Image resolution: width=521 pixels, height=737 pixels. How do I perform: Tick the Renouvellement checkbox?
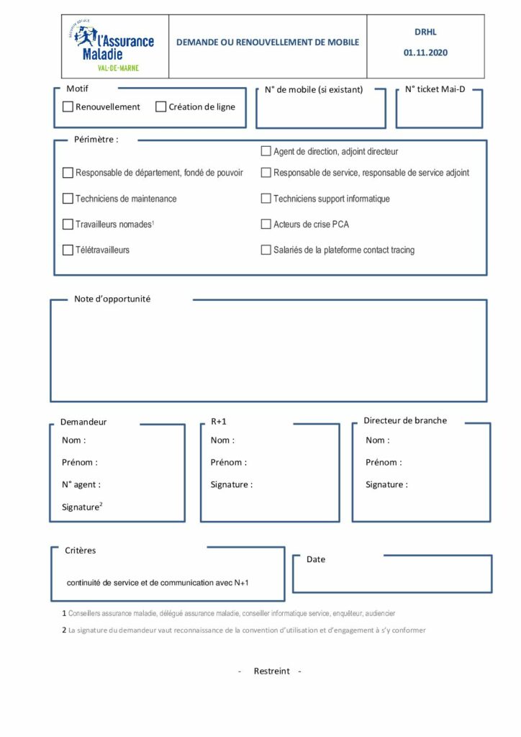click(68, 107)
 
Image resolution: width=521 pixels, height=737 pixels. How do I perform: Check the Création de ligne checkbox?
click(161, 107)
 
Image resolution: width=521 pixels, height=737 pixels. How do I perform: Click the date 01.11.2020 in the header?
click(425, 53)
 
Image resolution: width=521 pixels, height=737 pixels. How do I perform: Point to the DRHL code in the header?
click(425, 32)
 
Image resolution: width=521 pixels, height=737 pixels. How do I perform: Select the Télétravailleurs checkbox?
click(68, 250)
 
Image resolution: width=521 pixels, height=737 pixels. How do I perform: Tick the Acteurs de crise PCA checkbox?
click(266, 225)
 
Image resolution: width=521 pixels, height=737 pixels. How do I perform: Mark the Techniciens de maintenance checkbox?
click(68, 199)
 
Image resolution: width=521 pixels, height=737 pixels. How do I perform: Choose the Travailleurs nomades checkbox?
click(68, 225)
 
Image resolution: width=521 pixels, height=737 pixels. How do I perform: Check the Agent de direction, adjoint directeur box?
click(266, 152)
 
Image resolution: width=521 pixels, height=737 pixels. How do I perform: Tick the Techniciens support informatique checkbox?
click(266, 199)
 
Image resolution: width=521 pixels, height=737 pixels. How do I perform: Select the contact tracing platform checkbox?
click(266, 250)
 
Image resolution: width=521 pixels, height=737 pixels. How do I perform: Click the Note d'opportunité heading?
click(112, 299)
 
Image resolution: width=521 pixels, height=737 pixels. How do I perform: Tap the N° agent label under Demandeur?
click(81, 484)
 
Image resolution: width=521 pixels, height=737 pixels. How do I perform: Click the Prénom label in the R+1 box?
click(228, 462)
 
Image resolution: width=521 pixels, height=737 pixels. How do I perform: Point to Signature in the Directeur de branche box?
click(386, 484)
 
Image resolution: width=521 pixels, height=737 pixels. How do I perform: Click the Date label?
click(316, 559)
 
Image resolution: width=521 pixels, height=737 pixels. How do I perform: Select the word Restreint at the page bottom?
click(272, 671)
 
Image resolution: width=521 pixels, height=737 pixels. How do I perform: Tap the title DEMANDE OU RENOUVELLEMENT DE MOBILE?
click(268, 42)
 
